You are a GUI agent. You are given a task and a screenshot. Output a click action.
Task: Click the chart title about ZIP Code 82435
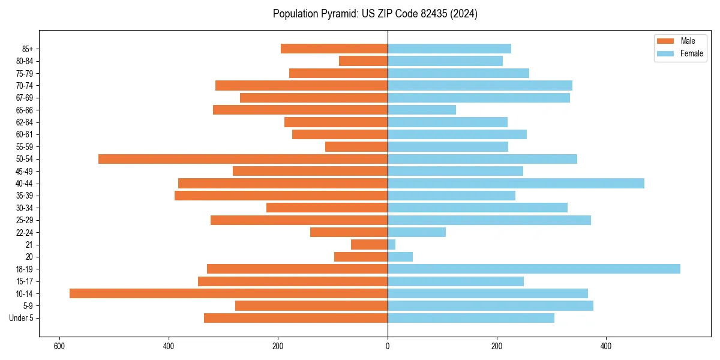point(375,14)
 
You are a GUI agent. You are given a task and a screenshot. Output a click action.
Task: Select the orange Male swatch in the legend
point(665,41)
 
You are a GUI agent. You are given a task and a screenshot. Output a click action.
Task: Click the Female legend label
point(691,53)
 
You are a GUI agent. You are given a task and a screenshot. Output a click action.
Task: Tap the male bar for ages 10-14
point(229,293)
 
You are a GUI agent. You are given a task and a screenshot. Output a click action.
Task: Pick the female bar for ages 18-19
point(534,269)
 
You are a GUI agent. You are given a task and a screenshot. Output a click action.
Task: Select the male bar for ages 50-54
point(243,159)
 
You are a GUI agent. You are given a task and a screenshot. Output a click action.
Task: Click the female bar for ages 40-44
point(516,184)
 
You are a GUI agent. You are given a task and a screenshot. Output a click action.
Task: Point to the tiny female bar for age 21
point(392,245)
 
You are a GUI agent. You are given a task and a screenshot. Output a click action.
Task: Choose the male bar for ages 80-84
point(364,61)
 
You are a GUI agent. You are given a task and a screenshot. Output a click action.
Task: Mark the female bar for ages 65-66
point(422,110)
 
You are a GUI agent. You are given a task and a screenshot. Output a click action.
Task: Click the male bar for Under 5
point(296,318)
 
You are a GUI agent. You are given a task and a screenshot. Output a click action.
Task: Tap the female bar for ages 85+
point(449,49)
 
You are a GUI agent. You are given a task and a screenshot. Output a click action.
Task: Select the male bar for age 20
point(361,257)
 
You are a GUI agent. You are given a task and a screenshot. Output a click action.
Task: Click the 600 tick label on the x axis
point(59,346)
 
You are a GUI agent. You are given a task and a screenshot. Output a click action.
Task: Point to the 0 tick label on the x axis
point(388,346)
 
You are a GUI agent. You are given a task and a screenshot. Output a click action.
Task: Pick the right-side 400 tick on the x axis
point(606,346)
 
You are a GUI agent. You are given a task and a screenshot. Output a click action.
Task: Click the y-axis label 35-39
point(25,196)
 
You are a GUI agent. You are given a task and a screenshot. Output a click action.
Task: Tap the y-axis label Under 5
point(22,318)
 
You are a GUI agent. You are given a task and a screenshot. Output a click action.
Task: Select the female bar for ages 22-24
point(417,232)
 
